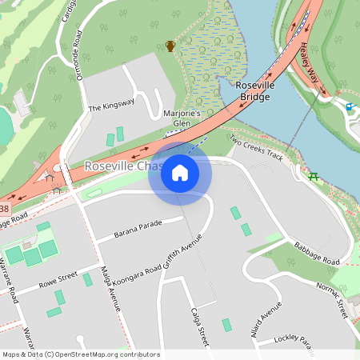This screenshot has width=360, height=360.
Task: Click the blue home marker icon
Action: point(180,172)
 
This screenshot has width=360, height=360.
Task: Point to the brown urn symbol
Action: point(170,46)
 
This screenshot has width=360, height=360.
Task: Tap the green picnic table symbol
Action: point(314,176)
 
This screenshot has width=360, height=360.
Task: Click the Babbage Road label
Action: point(316,254)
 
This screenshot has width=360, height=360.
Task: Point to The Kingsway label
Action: point(110,105)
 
